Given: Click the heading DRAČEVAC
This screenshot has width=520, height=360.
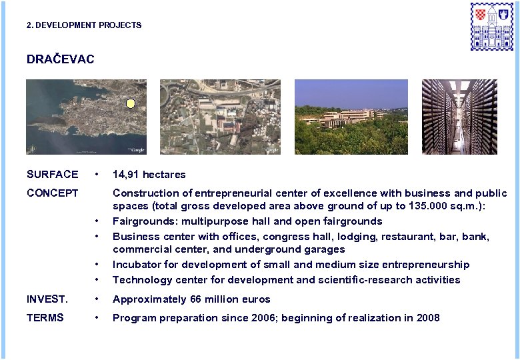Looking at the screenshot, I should [60, 59].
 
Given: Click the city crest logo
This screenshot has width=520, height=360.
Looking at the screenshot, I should [492, 26].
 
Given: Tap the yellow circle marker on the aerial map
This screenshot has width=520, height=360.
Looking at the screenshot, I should [131, 103].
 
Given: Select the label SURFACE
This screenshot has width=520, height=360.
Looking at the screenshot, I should [52, 175].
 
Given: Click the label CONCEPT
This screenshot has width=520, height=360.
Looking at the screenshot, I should [52, 193].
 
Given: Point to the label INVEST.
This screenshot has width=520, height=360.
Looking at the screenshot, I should [46, 299].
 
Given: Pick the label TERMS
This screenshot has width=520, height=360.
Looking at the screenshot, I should [45, 318].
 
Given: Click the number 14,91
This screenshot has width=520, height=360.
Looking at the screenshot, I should [127, 175].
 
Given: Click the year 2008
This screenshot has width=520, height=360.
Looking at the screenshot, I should [427, 318].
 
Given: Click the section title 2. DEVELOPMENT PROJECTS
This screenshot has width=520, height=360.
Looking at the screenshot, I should [84, 25].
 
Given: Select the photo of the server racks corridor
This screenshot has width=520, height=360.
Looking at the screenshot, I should [459, 117].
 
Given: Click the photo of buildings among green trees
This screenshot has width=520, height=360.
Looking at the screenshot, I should [351, 117].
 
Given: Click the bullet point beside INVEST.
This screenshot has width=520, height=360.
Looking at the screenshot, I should [97, 299].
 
